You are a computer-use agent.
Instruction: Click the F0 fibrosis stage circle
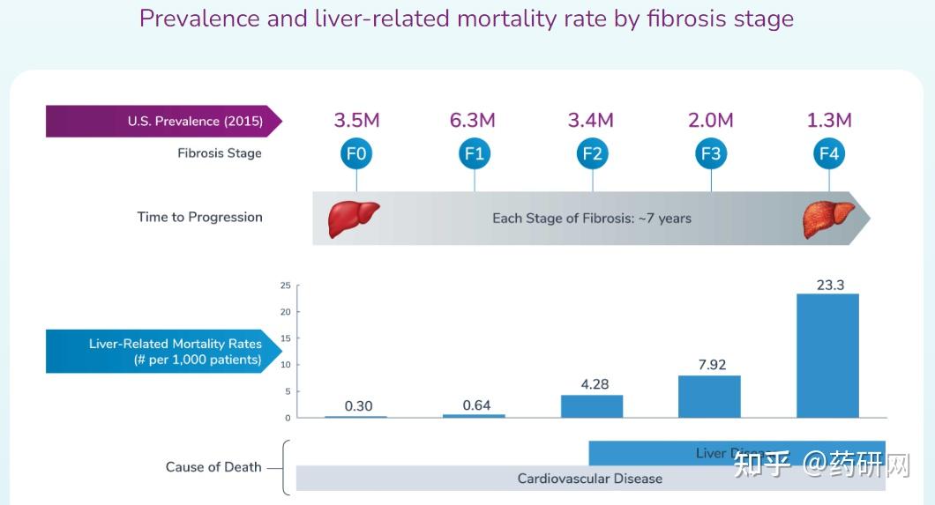point(356,155)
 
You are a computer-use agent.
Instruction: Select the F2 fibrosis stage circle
point(593,155)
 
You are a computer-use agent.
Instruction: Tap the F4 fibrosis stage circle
point(829,155)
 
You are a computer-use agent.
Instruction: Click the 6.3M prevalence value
point(473,121)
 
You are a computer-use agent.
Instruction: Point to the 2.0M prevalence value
point(710,121)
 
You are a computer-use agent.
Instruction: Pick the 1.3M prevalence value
point(829,121)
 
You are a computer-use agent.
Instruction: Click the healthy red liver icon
point(353,219)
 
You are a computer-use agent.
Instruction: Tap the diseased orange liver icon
point(828,219)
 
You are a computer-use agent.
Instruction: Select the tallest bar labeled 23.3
point(827,355)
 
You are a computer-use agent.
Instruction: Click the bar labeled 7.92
point(709,397)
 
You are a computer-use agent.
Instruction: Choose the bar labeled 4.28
point(592,406)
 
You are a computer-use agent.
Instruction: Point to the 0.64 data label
point(476,405)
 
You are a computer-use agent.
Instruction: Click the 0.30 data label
point(358,405)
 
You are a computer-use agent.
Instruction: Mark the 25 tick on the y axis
point(285,286)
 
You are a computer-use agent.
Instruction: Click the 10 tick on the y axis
point(285,365)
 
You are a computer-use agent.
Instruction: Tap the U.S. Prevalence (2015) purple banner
point(163,122)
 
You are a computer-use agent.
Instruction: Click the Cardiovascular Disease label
point(589,479)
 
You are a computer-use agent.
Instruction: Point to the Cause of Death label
point(213,467)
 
